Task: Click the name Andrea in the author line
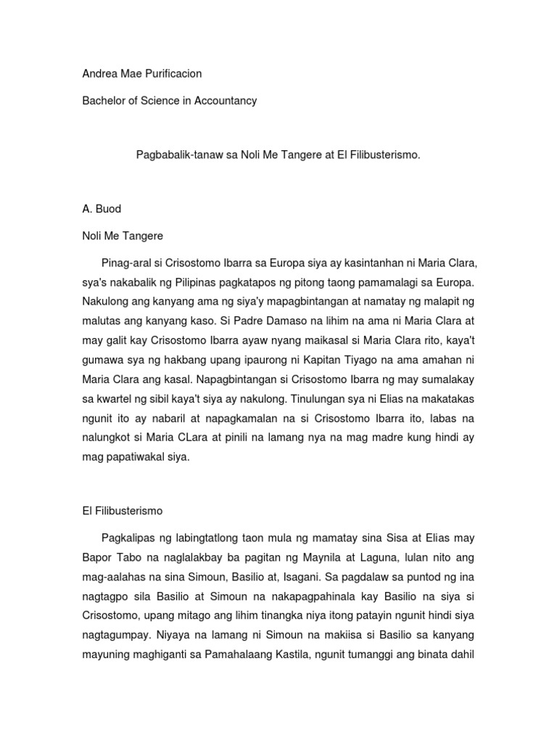pyautogui.click(x=100, y=73)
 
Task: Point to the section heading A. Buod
pyautogui.click(x=102, y=209)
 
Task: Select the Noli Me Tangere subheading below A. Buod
pyautogui.click(x=123, y=236)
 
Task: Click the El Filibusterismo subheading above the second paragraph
pyautogui.click(x=122, y=512)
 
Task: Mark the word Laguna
pyautogui.click(x=374, y=557)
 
